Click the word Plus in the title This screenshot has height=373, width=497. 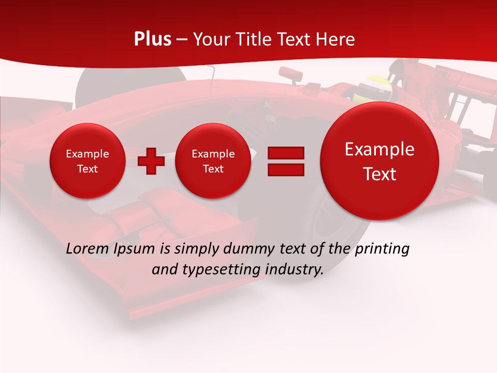tap(152, 39)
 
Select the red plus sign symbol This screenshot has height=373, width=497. tap(151, 161)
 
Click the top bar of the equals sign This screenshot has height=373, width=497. tap(286, 153)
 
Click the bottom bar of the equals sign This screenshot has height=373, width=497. tap(286, 169)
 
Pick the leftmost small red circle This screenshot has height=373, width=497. tap(87, 161)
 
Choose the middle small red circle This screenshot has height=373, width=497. tap(213, 161)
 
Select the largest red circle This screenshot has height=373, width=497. tap(379, 161)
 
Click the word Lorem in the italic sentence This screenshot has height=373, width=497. tap(87, 249)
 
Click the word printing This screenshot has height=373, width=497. tap(382, 249)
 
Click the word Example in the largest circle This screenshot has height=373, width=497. tap(379, 149)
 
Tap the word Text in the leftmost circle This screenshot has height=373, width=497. tap(87, 169)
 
